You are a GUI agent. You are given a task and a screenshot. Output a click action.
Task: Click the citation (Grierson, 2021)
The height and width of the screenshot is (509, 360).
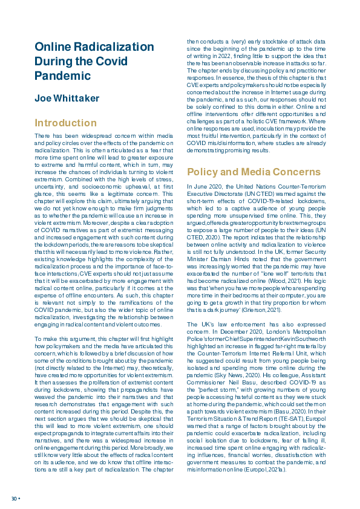click(x=261, y=310)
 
